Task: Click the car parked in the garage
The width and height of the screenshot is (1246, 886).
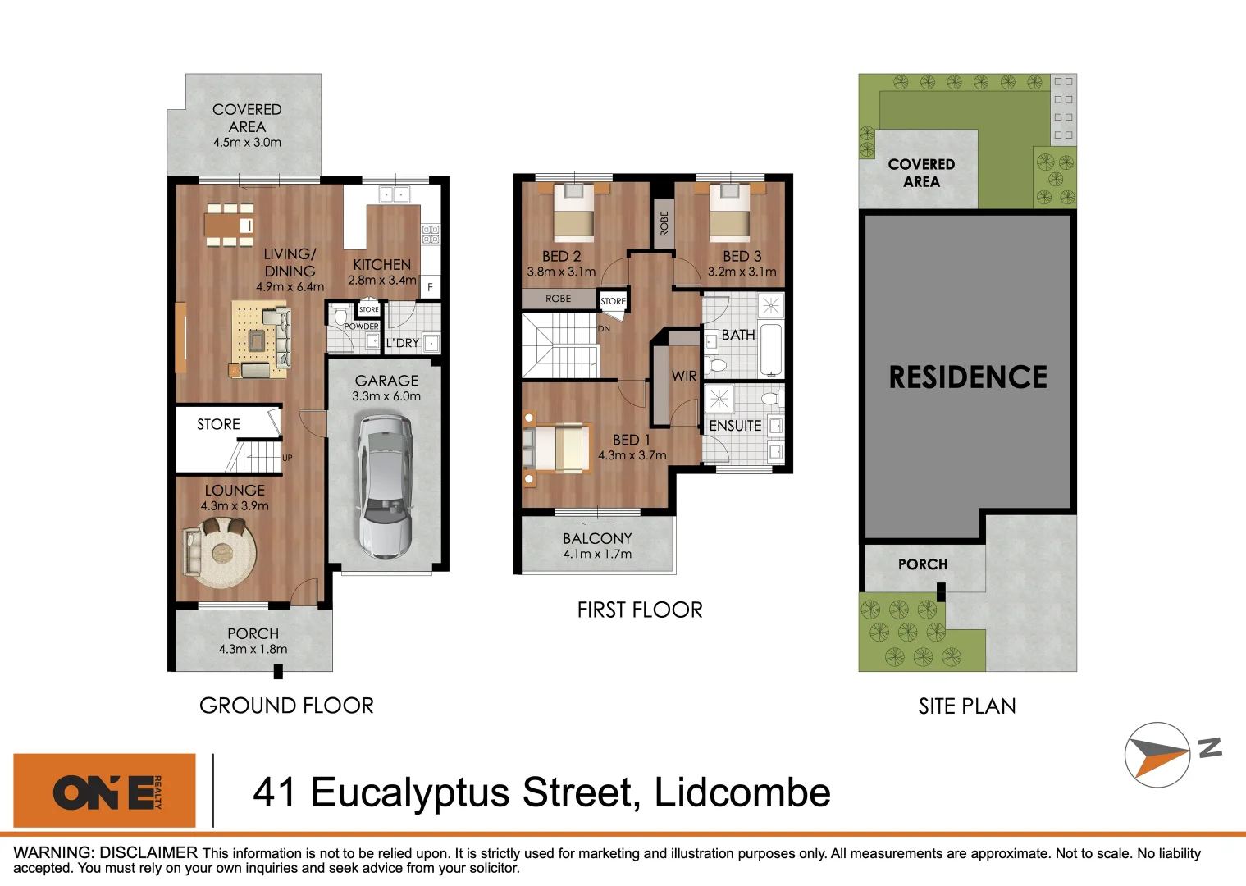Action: pyautogui.click(x=384, y=486)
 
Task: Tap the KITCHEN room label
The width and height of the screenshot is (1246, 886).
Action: pyautogui.click(x=381, y=265)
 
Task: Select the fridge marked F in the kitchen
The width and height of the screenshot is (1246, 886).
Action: pyautogui.click(x=430, y=287)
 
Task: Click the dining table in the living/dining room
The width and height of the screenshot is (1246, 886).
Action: pyautogui.click(x=229, y=224)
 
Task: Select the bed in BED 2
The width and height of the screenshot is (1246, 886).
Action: pyautogui.click(x=573, y=212)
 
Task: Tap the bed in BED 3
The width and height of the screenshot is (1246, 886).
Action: pyautogui.click(x=729, y=212)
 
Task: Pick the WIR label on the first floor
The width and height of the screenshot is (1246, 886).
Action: pyautogui.click(x=683, y=376)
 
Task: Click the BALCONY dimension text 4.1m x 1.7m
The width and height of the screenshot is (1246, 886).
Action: pyautogui.click(x=597, y=555)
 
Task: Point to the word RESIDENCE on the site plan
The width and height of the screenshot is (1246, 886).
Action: pyautogui.click(x=968, y=377)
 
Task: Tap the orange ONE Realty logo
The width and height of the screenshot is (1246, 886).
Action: pyautogui.click(x=105, y=791)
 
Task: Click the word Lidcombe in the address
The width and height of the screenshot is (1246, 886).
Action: pyautogui.click(x=742, y=792)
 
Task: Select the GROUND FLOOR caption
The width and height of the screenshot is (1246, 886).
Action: pyautogui.click(x=286, y=706)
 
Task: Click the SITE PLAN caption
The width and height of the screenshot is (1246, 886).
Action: pyautogui.click(x=967, y=706)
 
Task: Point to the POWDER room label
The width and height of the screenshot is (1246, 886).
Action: pyautogui.click(x=361, y=327)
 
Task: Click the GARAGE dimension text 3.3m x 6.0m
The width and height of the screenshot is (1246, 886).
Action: pyautogui.click(x=386, y=396)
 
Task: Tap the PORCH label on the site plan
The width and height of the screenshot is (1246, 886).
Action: pyautogui.click(x=923, y=564)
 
